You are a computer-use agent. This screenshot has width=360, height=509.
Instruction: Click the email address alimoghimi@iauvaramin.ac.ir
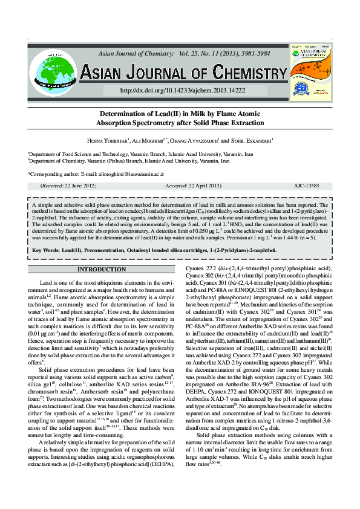tap(125, 174)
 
